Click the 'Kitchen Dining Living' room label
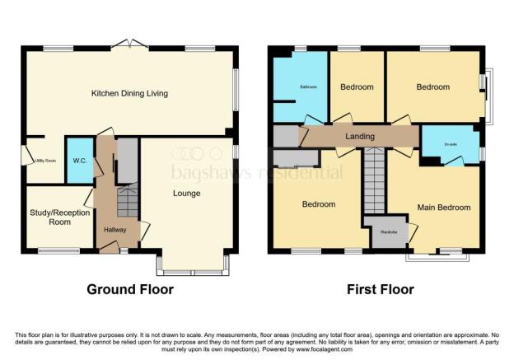coord(129,94)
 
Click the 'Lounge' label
coord(187,194)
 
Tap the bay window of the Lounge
coord(193,264)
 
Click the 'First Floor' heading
coord(378,290)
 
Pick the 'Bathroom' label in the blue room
coord(308,86)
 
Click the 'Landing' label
coord(360,137)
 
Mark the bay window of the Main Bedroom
coord(437,256)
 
